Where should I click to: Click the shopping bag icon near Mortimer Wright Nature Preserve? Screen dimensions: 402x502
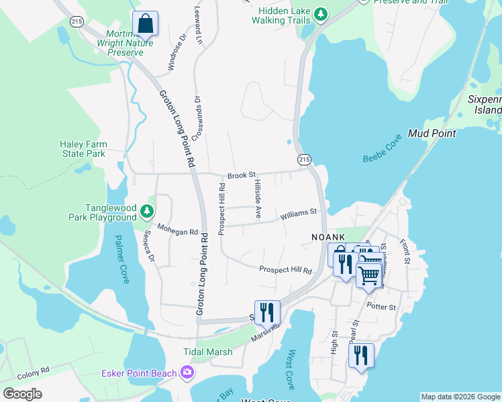pos(145,25)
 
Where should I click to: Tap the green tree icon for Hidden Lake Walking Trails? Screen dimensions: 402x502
pos(321,14)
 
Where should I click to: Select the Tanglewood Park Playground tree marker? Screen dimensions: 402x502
pos(147,213)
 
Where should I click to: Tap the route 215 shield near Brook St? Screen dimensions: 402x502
pos(304,159)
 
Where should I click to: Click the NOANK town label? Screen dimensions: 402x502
pos(328,237)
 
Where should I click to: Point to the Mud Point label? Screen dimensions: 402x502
pos(432,133)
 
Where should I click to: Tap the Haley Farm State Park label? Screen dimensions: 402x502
pos(83,149)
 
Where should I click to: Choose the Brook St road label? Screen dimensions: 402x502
pos(242,176)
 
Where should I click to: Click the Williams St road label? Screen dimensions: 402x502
pos(299,214)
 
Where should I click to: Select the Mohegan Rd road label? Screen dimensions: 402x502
pos(178,231)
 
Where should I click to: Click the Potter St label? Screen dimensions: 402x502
pos(382,307)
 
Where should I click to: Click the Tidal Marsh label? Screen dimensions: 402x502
pos(208,352)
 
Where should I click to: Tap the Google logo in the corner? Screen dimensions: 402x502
pos(22,394)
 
